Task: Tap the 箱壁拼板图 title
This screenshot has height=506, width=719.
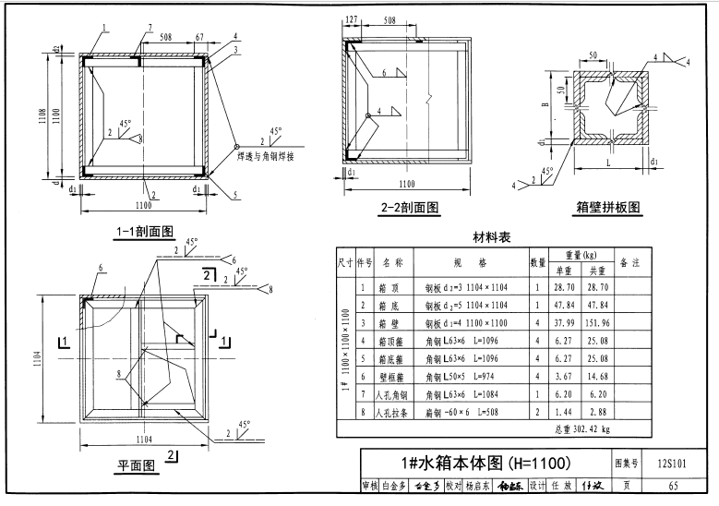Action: click(x=608, y=207)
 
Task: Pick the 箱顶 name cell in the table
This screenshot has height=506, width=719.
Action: click(x=392, y=288)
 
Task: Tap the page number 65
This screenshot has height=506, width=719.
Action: click(x=674, y=487)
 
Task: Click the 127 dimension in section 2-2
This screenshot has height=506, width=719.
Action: click(x=353, y=18)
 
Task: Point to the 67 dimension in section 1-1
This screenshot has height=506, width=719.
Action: click(x=199, y=38)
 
